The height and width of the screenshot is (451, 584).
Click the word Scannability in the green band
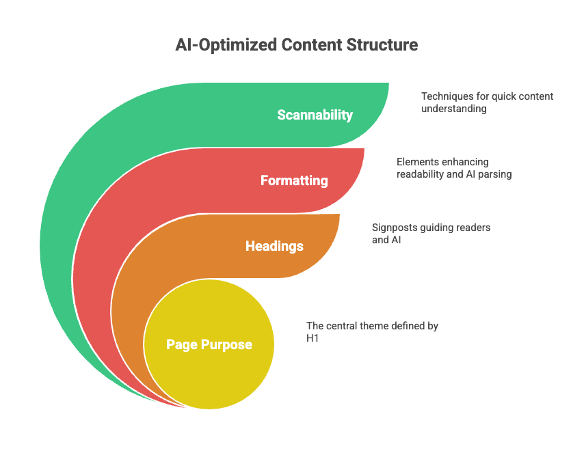[x=315, y=115]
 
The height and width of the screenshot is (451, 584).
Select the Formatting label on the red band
[x=294, y=181]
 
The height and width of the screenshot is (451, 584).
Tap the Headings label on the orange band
[x=274, y=246]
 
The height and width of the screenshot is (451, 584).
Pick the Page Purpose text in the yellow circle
[x=209, y=344]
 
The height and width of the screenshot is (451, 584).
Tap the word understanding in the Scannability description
[x=454, y=108]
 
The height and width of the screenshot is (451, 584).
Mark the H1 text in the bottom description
[x=313, y=338]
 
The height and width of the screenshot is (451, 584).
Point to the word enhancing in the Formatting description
[x=464, y=162]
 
